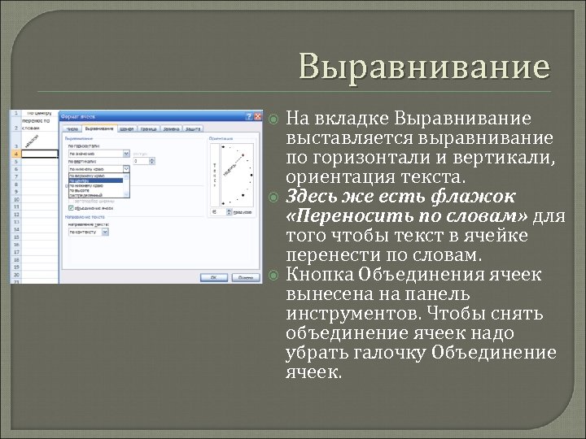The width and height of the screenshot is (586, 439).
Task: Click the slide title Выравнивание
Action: click(x=423, y=66)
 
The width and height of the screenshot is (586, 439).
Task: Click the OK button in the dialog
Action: click(x=213, y=276)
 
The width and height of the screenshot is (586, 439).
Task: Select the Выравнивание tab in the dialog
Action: click(x=99, y=128)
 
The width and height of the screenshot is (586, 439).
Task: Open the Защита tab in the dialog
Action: click(x=193, y=128)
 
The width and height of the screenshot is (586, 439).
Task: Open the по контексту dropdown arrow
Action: click(x=106, y=232)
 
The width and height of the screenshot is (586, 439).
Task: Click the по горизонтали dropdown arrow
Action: click(x=126, y=152)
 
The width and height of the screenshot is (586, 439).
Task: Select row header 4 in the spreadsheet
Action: click(x=16, y=154)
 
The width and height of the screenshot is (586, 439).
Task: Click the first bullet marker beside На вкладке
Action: click(x=274, y=120)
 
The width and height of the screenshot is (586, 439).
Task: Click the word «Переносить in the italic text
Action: click(x=339, y=216)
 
